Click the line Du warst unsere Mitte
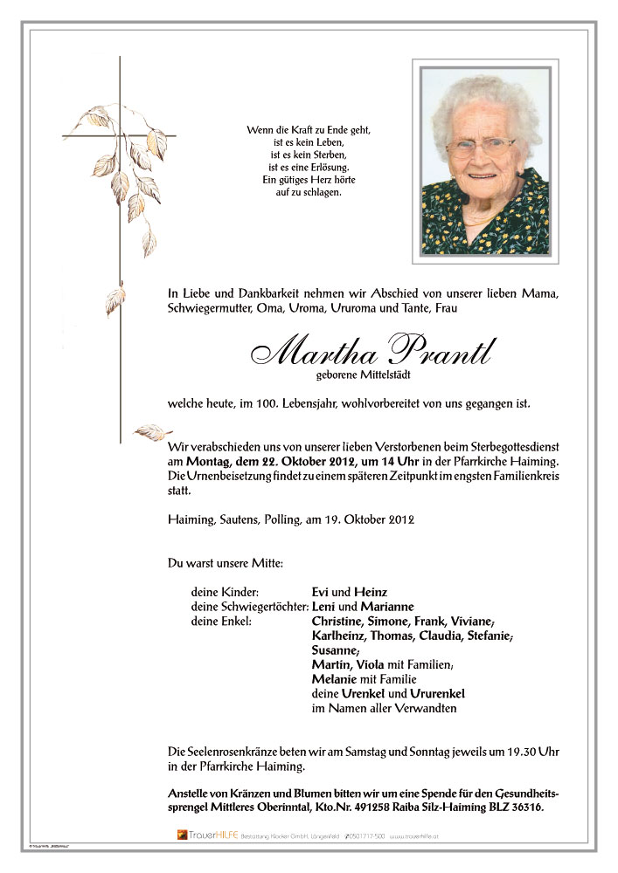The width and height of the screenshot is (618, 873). point(225,563)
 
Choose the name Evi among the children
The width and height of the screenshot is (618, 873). point(322,592)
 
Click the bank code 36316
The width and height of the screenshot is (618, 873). point(522,809)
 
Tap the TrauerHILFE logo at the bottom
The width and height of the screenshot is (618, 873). point(204,835)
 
